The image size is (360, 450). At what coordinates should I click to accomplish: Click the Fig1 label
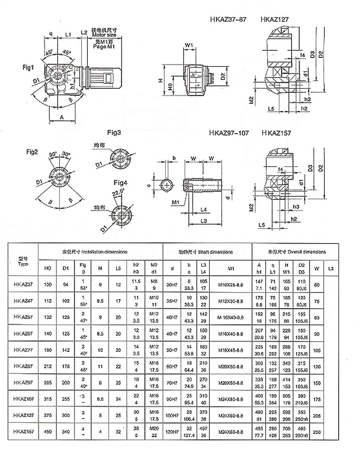[29, 67]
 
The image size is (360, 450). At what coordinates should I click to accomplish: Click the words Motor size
[104, 35]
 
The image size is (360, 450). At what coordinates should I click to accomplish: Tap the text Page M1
[104, 46]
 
